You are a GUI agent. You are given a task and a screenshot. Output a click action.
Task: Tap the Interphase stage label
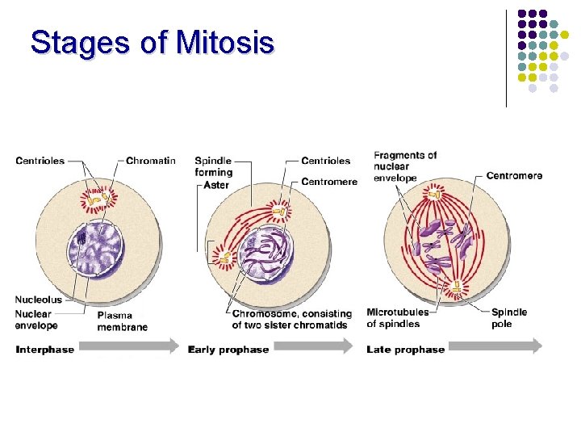pos(44,350)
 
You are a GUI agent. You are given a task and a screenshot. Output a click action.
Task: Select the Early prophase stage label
pos(228,350)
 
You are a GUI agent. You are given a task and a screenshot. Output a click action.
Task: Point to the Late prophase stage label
pos(405,350)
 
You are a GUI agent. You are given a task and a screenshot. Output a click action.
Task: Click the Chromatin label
pos(151,161)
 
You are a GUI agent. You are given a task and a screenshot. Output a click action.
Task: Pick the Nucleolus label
pos(38,300)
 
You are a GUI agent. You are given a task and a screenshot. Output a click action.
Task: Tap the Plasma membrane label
pos(123,321)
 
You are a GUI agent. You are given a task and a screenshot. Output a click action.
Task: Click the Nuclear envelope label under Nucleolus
pos(36,320)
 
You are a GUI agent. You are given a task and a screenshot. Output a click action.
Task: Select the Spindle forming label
pos(213,166)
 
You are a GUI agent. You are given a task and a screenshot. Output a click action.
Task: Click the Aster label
pos(216,185)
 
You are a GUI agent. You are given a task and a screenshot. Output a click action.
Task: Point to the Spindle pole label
pos(509,317)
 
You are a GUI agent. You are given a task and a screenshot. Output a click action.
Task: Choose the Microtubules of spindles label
pos(397,317)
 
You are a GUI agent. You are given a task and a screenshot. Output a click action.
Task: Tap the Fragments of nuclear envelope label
pos(405,166)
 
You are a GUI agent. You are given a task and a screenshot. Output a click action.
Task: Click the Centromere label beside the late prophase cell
pos(514,175)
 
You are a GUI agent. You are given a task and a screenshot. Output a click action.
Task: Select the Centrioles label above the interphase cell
pos(40,161)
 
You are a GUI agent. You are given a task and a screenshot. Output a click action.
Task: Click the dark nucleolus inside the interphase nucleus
pos(82,239)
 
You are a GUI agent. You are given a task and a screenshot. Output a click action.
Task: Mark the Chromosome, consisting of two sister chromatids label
pos(291,319)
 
